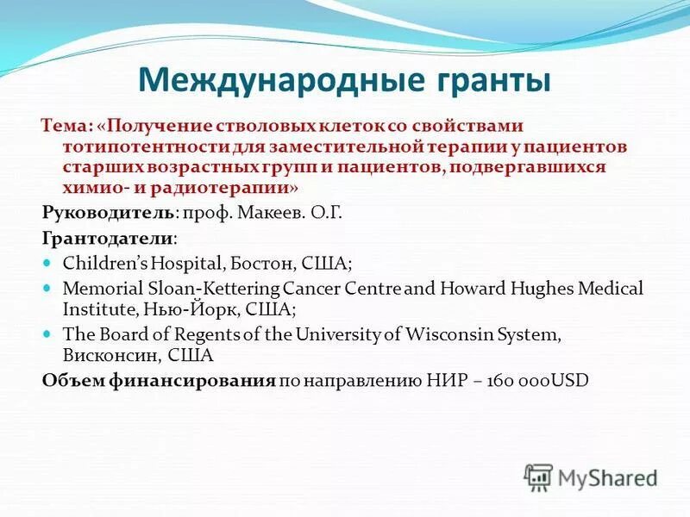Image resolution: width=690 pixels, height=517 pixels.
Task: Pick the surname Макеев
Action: (x=279, y=211)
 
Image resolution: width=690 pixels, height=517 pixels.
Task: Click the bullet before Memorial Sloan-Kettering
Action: (x=48, y=287)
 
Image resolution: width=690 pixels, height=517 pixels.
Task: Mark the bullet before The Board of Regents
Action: (x=48, y=333)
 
